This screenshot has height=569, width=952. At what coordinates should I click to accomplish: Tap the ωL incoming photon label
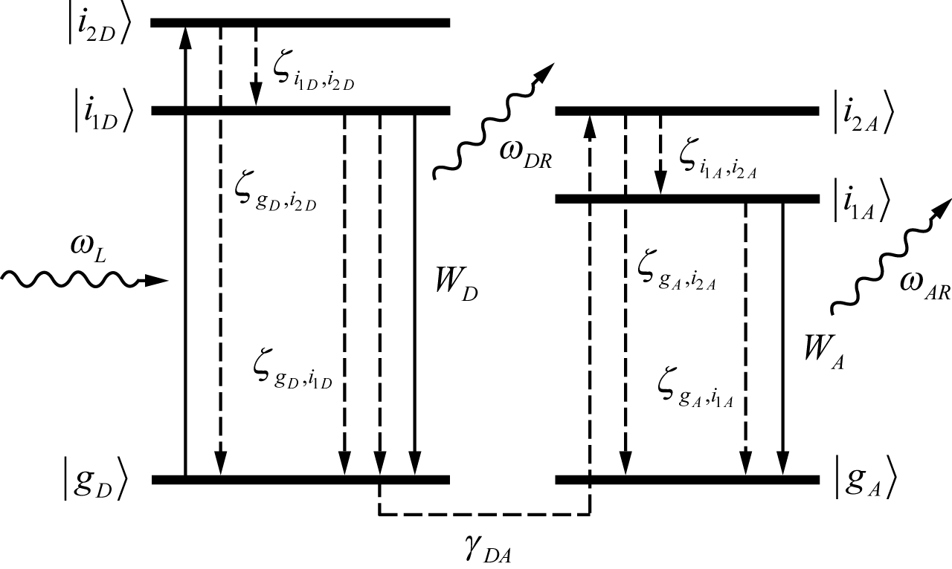[88, 247]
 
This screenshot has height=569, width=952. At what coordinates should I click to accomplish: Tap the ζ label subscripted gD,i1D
[292, 369]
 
